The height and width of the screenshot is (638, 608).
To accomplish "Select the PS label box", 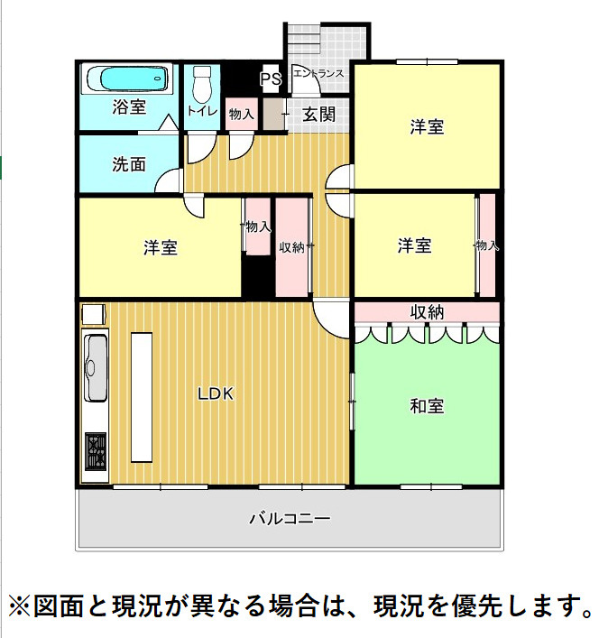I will [x=270, y=79].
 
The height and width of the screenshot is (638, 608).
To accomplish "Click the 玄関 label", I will [x=318, y=115].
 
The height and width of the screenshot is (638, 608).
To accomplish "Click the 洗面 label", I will [x=129, y=164].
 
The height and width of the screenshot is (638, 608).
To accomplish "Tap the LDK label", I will [x=216, y=393].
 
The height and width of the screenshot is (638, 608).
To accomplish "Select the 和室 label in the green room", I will [x=426, y=406].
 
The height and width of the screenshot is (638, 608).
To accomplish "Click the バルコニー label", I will [x=290, y=519].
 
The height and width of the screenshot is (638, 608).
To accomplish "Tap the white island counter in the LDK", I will [x=143, y=396].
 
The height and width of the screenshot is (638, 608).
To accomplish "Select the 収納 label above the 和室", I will [x=427, y=312].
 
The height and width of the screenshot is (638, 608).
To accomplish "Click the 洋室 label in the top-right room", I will [x=426, y=127].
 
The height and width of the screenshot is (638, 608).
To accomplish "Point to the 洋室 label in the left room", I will [x=160, y=247].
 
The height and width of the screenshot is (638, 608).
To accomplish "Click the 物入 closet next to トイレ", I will [x=241, y=114].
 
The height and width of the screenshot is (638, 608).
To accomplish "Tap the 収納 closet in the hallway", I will [x=292, y=246].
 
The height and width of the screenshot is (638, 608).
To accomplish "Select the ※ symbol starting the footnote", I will [x=20, y=603].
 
